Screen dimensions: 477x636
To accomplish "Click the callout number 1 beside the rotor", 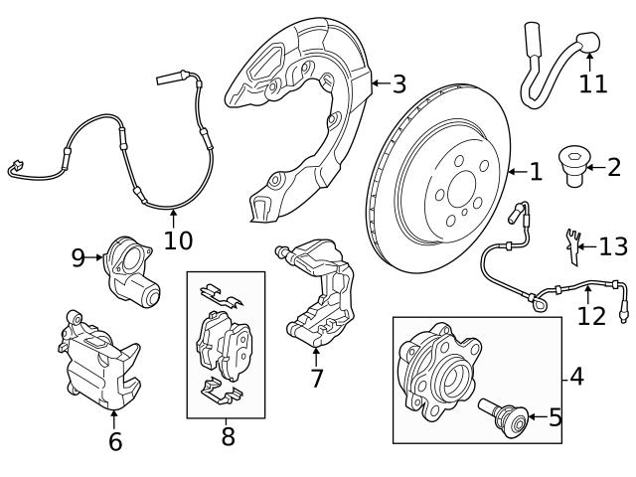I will click(536, 173).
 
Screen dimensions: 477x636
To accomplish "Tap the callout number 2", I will click(613, 167).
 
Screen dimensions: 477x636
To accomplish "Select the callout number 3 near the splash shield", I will click(398, 84).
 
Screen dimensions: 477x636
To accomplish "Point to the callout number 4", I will click(577, 378).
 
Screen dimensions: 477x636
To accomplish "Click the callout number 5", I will click(555, 417).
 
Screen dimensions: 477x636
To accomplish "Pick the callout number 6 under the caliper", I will click(115, 441).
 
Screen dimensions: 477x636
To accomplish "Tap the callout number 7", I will click(316, 379).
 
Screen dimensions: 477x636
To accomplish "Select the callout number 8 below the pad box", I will click(228, 435).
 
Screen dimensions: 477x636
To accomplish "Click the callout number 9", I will click(79, 257).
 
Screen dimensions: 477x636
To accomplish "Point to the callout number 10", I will click(178, 239).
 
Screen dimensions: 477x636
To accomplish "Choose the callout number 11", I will click(592, 83).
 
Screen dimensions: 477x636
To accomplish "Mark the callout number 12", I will click(590, 317).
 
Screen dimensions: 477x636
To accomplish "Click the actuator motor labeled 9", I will click(132, 273).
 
